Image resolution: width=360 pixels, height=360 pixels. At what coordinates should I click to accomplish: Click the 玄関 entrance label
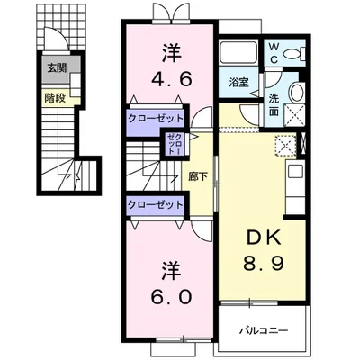[x=57, y=68]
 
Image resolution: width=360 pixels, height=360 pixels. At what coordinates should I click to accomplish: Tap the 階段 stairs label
[x=55, y=98]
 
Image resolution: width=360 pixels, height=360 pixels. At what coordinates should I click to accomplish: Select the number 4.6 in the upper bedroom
[x=172, y=79]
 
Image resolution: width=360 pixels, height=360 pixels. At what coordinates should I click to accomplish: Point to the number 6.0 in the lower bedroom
[x=172, y=297]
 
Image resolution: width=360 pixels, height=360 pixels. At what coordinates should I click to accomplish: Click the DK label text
[x=264, y=238]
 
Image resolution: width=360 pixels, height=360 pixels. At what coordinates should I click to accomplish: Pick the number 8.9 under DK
[x=264, y=264]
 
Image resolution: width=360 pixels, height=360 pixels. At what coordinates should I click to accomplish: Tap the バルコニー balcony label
[x=264, y=330]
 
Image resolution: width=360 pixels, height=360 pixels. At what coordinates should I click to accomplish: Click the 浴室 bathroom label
[x=239, y=82]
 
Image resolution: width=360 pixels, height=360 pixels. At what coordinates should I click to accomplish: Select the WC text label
[x=274, y=53]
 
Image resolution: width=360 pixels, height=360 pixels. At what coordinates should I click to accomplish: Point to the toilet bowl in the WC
[x=293, y=54]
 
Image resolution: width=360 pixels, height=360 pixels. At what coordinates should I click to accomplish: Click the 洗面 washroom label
[x=274, y=105]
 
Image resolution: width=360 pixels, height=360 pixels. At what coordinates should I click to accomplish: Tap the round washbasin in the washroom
[x=297, y=93]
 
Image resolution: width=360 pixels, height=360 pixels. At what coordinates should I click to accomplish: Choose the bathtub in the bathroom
[x=238, y=53]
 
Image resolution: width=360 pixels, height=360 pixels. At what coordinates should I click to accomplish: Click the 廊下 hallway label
[x=198, y=176]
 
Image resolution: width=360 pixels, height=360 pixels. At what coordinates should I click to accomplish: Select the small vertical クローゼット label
[x=175, y=144]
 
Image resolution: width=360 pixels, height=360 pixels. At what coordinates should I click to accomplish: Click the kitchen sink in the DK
[x=296, y=172]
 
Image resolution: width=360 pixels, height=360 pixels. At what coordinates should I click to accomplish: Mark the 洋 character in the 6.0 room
[x=172, y=270]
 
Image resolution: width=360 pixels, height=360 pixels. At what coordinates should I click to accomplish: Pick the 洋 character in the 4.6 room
[x=172, y=53]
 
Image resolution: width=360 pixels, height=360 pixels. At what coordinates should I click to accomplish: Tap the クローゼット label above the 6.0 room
[x=155, y=205]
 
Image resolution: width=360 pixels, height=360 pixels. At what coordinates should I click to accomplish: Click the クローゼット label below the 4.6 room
[x=155, y=119]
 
